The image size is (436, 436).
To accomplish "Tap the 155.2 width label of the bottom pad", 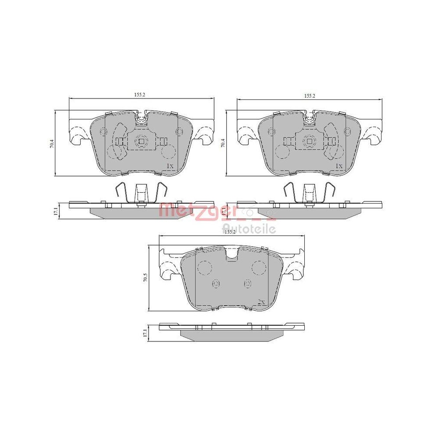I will [229, 232].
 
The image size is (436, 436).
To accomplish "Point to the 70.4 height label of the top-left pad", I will [51, 144].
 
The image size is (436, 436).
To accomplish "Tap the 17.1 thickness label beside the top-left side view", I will [56, 211].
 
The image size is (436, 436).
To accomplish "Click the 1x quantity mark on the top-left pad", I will [170, 166].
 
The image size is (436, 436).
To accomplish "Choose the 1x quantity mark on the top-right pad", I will [339, 166].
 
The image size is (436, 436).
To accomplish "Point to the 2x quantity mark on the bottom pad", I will [261, 302].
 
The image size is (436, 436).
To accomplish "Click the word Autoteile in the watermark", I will [249, 228].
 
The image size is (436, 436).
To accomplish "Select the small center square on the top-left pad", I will [140, 140].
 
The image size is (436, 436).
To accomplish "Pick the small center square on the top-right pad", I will [309, 140].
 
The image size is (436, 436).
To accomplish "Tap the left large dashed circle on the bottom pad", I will [204, 266].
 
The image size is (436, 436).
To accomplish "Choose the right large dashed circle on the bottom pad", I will [259, 266].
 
